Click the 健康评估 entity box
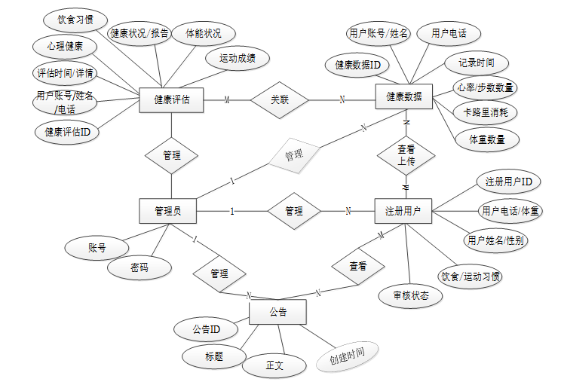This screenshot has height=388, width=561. [x=171, y=99]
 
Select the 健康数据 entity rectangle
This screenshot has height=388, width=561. [x=404, y=96]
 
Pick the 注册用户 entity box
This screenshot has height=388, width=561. [x=403, y=211]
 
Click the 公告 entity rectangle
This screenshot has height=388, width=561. [x=277, y=310]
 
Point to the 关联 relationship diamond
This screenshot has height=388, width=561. [x=280, y=99]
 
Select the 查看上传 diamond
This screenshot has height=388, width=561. [x=406, y=155]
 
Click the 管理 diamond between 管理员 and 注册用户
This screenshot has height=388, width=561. [x=293, y=212]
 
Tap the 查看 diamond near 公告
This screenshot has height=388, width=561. [x=358, y=266]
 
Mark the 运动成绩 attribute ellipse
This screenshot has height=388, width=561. [x=238, y=58]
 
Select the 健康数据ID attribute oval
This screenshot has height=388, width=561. [x=357, y=66]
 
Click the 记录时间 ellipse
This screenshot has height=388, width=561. [x=477, y=63]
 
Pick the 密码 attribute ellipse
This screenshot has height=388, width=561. [x=139, y=267]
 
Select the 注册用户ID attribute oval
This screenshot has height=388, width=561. [x=508, y=182]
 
